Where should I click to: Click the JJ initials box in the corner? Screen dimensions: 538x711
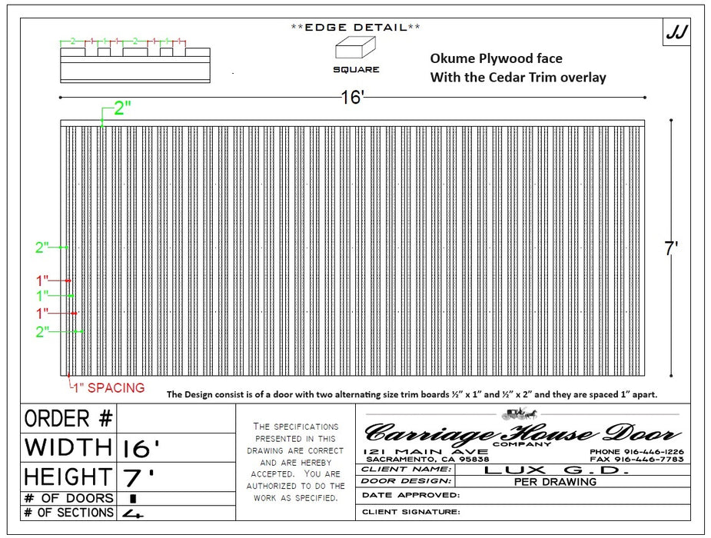point(676,32)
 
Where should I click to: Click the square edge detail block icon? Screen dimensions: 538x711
point(355,49)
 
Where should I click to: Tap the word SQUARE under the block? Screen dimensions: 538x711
point(356,69)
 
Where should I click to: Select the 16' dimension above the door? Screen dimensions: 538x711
point(352,98)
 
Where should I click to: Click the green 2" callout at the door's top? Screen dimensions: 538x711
point(124,108)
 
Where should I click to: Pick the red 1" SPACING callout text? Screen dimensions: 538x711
point(108,388)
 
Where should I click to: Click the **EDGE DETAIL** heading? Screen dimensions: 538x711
point(355,27)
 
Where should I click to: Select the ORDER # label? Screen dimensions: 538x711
point(69,419)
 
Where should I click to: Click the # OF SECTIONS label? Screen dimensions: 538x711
point(69,513)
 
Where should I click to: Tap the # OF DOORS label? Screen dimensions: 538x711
point(69,498)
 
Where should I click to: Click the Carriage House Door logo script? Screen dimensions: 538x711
point(523,433)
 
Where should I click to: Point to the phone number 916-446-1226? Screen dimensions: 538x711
point(636,451)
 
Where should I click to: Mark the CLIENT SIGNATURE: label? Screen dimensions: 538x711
point(411,512)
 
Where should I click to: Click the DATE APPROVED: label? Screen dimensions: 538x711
point(411,495)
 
